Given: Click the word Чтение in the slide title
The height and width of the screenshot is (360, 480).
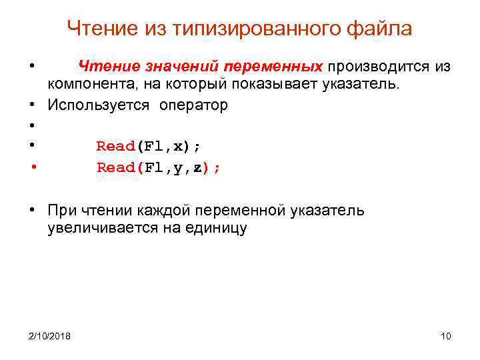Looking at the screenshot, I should (103, 29).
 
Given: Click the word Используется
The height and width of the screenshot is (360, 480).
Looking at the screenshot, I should (99, 105).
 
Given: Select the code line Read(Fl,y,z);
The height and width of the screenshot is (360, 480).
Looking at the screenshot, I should (158, 167).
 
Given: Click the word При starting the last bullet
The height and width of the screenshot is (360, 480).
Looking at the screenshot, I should (62, 211).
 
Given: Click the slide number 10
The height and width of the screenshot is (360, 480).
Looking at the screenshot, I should (446, 335).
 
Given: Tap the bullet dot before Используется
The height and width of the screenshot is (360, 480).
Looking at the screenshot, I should (32, 106).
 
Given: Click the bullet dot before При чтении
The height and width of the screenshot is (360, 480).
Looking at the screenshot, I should (32, 211).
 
